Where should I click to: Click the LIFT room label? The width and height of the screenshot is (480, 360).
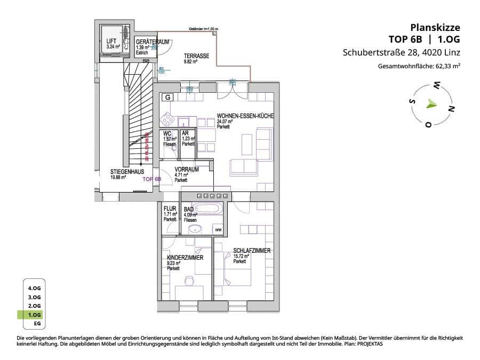(111, 41)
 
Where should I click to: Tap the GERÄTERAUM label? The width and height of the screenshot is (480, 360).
(145, 42)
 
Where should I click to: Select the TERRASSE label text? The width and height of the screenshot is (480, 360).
(196, 56)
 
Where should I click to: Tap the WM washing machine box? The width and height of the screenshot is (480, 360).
(218, 229)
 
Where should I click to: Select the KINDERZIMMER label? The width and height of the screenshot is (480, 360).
(185, 258)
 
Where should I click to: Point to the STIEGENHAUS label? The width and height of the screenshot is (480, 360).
(126, 172)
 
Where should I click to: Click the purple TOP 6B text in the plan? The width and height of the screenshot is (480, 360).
(152, 180)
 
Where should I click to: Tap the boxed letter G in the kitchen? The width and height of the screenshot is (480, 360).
(167, 98)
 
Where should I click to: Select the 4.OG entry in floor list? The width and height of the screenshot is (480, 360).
(34, 288)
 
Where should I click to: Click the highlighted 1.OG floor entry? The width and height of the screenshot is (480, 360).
(34, 315)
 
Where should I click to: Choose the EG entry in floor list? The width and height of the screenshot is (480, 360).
(37, 324)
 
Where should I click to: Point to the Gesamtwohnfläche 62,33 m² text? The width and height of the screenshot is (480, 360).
(419, 67)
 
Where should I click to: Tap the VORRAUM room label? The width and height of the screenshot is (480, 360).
(187, 170)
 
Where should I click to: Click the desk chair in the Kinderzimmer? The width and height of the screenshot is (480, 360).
(189, 280)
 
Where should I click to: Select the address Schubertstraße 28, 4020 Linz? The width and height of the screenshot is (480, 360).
(401, 53)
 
